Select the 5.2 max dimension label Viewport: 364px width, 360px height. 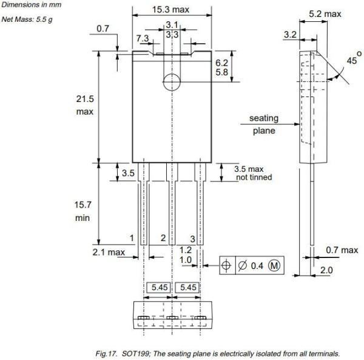pyautogui.click(x=325, y=13)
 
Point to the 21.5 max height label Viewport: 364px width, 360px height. pyautogui.click(x=84, y=105)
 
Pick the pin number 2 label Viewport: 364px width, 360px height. pyautogui.click(x=163, y=237)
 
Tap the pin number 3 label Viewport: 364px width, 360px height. pyautogui.click(x=192, y=239)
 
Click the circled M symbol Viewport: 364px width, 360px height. pyautogui.click(x=274, y=265)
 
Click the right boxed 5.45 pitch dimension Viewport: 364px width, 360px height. pyautogui.click(x=187, y=287)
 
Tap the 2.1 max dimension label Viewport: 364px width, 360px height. pyautogui.click(x=108, y=252)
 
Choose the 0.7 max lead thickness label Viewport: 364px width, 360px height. pyautogui.click(x=342, y=250)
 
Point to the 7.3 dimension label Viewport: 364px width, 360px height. pyautogui.click(x=143, y=38)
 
